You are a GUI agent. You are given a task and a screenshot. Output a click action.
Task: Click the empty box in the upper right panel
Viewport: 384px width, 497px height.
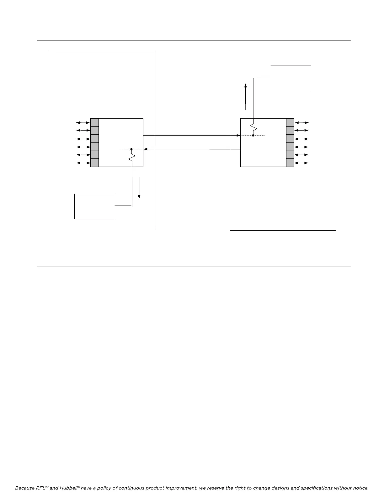click(291, 78)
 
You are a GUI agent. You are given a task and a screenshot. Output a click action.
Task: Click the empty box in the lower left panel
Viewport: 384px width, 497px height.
click(94, 206)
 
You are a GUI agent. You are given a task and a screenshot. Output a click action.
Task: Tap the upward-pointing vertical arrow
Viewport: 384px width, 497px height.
click(246, 97)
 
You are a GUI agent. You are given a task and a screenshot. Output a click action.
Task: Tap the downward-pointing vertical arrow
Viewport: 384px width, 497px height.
click(139, 188)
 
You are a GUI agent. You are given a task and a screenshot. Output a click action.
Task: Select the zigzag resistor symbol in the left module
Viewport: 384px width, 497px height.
click(132, 157)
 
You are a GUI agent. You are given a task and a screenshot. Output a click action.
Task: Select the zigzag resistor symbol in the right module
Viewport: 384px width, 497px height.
click(253, 127)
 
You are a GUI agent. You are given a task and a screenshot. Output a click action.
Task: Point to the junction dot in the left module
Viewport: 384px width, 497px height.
click(131, 149)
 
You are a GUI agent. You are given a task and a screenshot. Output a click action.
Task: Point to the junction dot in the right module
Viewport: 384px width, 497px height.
click(253, 136)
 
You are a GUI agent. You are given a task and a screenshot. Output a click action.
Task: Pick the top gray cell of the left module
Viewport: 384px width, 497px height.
click(94, 122)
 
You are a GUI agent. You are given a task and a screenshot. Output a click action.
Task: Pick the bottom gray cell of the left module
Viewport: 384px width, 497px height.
click(94, 163)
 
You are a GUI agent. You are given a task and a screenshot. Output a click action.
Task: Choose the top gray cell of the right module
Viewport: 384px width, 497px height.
click(290, 122)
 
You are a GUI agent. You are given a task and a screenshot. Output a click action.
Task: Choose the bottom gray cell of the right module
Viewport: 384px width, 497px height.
click(290, 163)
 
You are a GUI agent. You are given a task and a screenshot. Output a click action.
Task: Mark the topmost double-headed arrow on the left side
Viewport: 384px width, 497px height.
click(83, 122)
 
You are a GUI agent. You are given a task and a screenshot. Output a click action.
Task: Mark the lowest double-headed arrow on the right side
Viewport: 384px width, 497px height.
click(302, 163)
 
